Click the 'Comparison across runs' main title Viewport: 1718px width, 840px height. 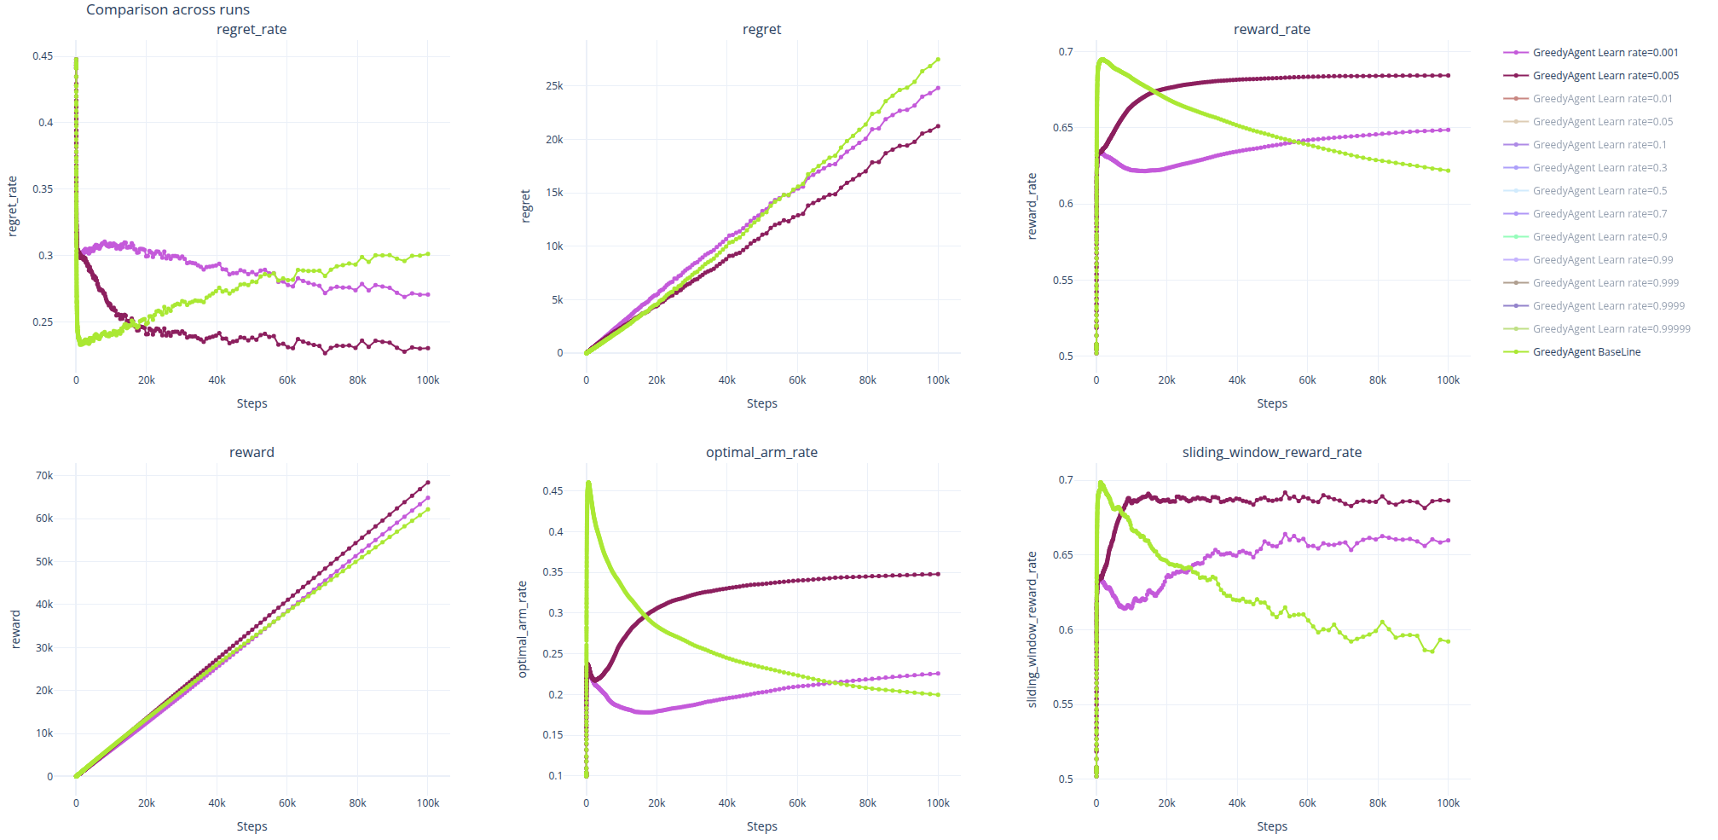point(168,10)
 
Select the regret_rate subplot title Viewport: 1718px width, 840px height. point(252,30)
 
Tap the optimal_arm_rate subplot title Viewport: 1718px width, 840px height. point(761,453)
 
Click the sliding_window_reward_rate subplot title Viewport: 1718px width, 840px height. point(1271,453)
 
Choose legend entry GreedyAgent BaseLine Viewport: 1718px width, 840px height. point(1586,352)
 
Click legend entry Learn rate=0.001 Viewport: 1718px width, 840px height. point(1605,53)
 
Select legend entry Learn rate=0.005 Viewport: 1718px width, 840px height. point(1605,76)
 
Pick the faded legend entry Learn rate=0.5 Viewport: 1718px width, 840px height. point(1599,191)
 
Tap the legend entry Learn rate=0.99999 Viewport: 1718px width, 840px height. point(1611,329)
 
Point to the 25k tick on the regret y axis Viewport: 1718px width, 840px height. point(554,86)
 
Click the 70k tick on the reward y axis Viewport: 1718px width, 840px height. point(44,476)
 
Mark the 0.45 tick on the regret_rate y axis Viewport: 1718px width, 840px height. point(43,56)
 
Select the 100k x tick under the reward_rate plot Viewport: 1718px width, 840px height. point(1448,380)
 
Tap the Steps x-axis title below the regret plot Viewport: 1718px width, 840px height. point(761,403)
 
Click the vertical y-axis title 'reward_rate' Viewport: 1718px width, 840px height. point(1032,206)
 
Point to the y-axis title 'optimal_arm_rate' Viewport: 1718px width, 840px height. point(523,629)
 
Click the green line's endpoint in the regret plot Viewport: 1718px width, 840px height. point(938,60)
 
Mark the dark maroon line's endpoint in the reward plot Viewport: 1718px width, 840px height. point(427,483)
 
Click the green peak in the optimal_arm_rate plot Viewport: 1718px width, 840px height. point(588,484)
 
